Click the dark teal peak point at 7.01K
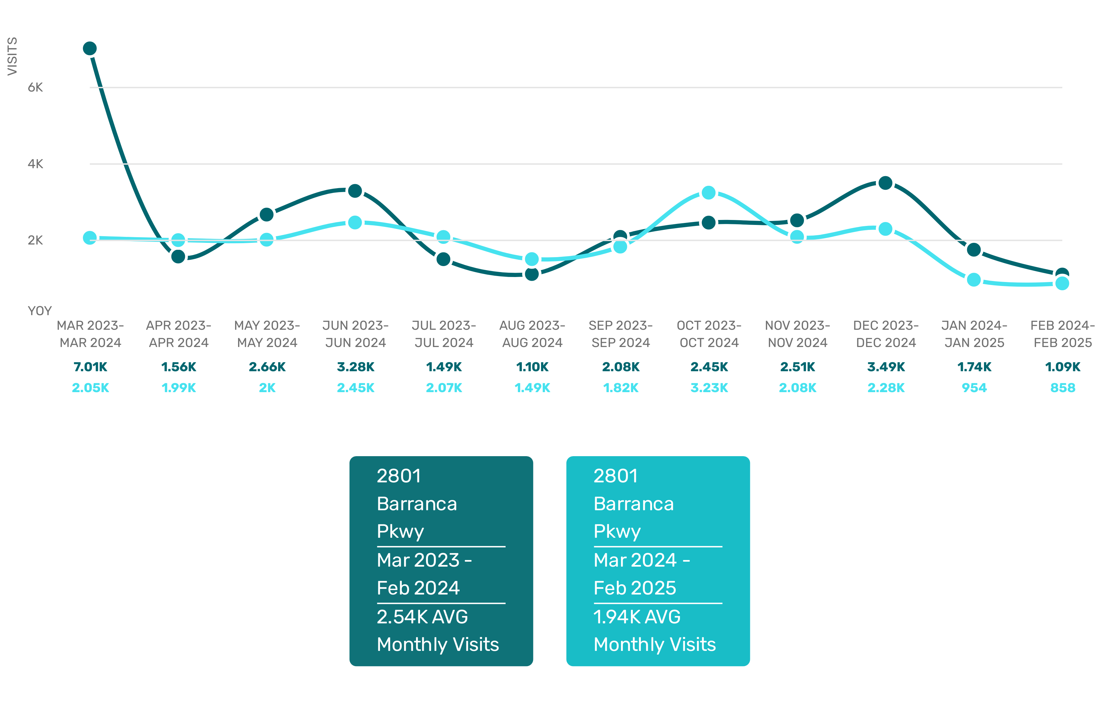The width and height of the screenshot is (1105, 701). click(90, 48)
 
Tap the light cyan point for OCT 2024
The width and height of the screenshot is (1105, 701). click(708, 193)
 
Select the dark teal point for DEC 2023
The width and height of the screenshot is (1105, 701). click(885, 183)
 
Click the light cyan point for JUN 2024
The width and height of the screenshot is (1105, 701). click(355, 223)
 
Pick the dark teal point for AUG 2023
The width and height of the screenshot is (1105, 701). click(531, 274)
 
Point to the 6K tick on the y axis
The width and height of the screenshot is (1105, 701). click(35, 87)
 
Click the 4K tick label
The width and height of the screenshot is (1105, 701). click(35, 164)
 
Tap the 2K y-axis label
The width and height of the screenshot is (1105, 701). click(35, 240)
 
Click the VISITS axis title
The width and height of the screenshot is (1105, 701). click(12, 56)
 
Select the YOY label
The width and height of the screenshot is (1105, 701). click(40, 311)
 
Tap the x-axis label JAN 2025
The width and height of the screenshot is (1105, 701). click(974, 343)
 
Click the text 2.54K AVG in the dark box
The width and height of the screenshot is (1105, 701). click(422, 616)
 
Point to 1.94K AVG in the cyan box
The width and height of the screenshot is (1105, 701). click(637, 616)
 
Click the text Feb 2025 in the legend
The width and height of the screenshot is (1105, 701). click(635, 588)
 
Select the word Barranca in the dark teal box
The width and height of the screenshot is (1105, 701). click(417, 504)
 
